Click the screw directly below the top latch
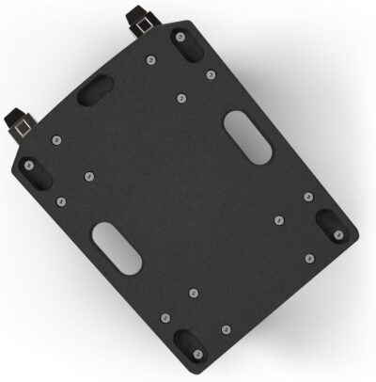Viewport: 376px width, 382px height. [x=151, y=62]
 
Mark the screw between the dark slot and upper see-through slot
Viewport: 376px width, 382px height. [x=182, y=97]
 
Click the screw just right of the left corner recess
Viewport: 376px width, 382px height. [x=88, y=174]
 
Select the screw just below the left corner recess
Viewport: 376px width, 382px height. [x=61, y=201]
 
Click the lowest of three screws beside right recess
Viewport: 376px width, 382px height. [x=305, y=255]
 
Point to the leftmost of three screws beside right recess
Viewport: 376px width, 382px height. [x=278, y=219]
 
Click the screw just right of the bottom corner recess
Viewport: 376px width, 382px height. [x=226, y=329]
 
